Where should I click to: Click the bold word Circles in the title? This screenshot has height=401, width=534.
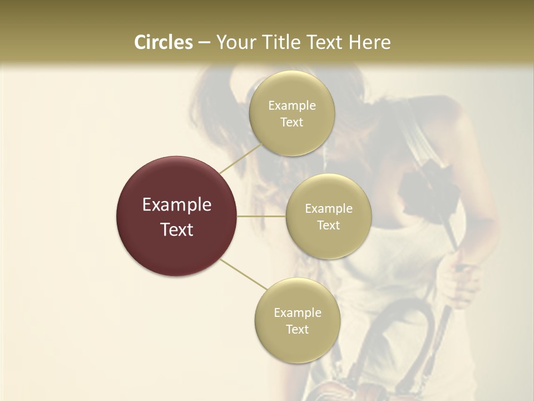pyautogui.click(x=164, y=42)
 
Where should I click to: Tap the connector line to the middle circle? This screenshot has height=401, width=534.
pyautogui.click(x=261, y=216)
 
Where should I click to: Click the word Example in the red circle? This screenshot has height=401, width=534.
pyautogui.click(x=177, y=205)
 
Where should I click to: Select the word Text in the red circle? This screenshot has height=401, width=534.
pyautogui.click(x=177, y=229)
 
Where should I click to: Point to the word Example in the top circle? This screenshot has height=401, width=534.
pyautogui.click(x=292, y=106)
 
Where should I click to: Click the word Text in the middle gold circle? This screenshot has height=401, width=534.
pyautogui.click(x=329, y=226)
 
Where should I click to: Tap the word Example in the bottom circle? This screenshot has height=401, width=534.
pyautogui.click(x=298, y=313)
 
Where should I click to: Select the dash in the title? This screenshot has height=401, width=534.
pyautogui.click(x=204, y=42)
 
